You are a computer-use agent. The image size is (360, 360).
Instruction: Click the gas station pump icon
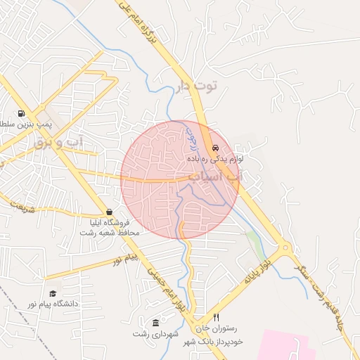(22, 113)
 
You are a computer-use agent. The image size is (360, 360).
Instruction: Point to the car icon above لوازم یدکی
(215, 148)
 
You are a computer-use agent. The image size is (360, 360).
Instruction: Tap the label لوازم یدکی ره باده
(214, 160)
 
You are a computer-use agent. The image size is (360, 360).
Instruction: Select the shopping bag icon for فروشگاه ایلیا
(109, 212)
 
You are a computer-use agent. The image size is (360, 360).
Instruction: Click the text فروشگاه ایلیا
(112, 222)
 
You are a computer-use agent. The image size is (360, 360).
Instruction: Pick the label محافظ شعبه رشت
(112, 232)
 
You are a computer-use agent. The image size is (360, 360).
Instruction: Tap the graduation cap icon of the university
(52, 294)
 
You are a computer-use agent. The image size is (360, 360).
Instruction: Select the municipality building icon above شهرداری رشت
(155, 322)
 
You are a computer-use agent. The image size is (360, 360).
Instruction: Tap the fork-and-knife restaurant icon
(217, 318)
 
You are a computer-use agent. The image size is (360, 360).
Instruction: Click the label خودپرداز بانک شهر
(212, 341)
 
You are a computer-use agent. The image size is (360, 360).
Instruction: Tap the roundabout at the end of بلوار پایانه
(285, 248)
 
